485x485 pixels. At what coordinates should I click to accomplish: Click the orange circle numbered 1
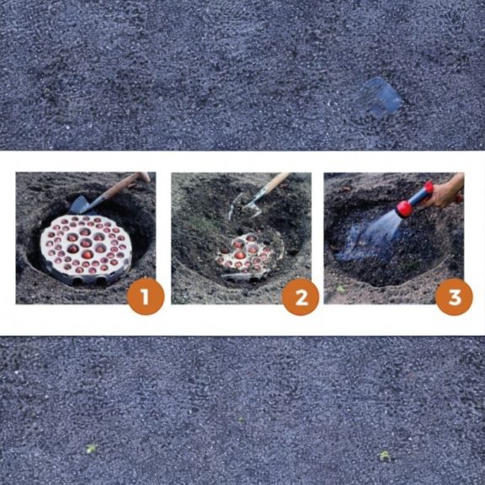coord(145,297)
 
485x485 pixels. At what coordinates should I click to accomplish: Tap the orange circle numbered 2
coord(300,297)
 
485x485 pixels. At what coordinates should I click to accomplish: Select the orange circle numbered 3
coord(454,297)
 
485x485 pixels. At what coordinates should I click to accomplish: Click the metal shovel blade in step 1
coord(82,205)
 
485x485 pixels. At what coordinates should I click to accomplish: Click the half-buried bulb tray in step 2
coord(242,258)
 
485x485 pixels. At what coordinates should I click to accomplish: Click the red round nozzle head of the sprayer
coord(405,208)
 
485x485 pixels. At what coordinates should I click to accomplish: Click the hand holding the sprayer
coord(446,191)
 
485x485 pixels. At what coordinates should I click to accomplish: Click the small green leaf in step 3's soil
coord(340,289)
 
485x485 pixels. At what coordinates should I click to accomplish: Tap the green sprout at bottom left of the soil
coord(92,448)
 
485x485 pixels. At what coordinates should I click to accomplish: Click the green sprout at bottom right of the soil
coord(385,456)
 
